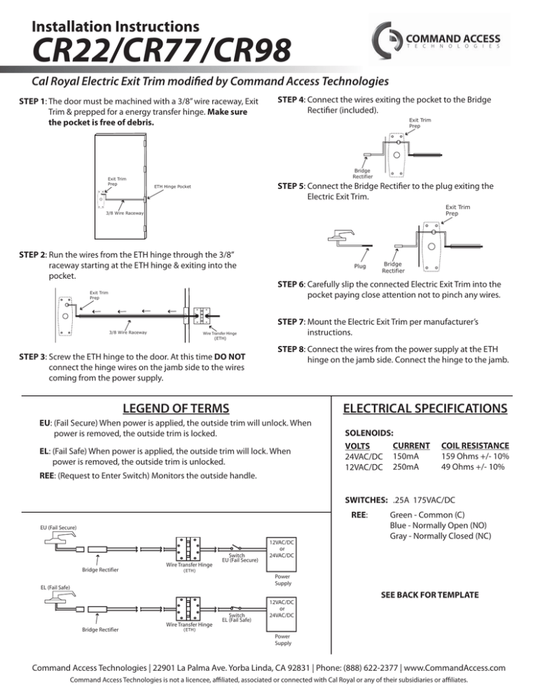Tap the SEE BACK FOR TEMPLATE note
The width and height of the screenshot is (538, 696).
429,594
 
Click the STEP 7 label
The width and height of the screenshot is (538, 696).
294,321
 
